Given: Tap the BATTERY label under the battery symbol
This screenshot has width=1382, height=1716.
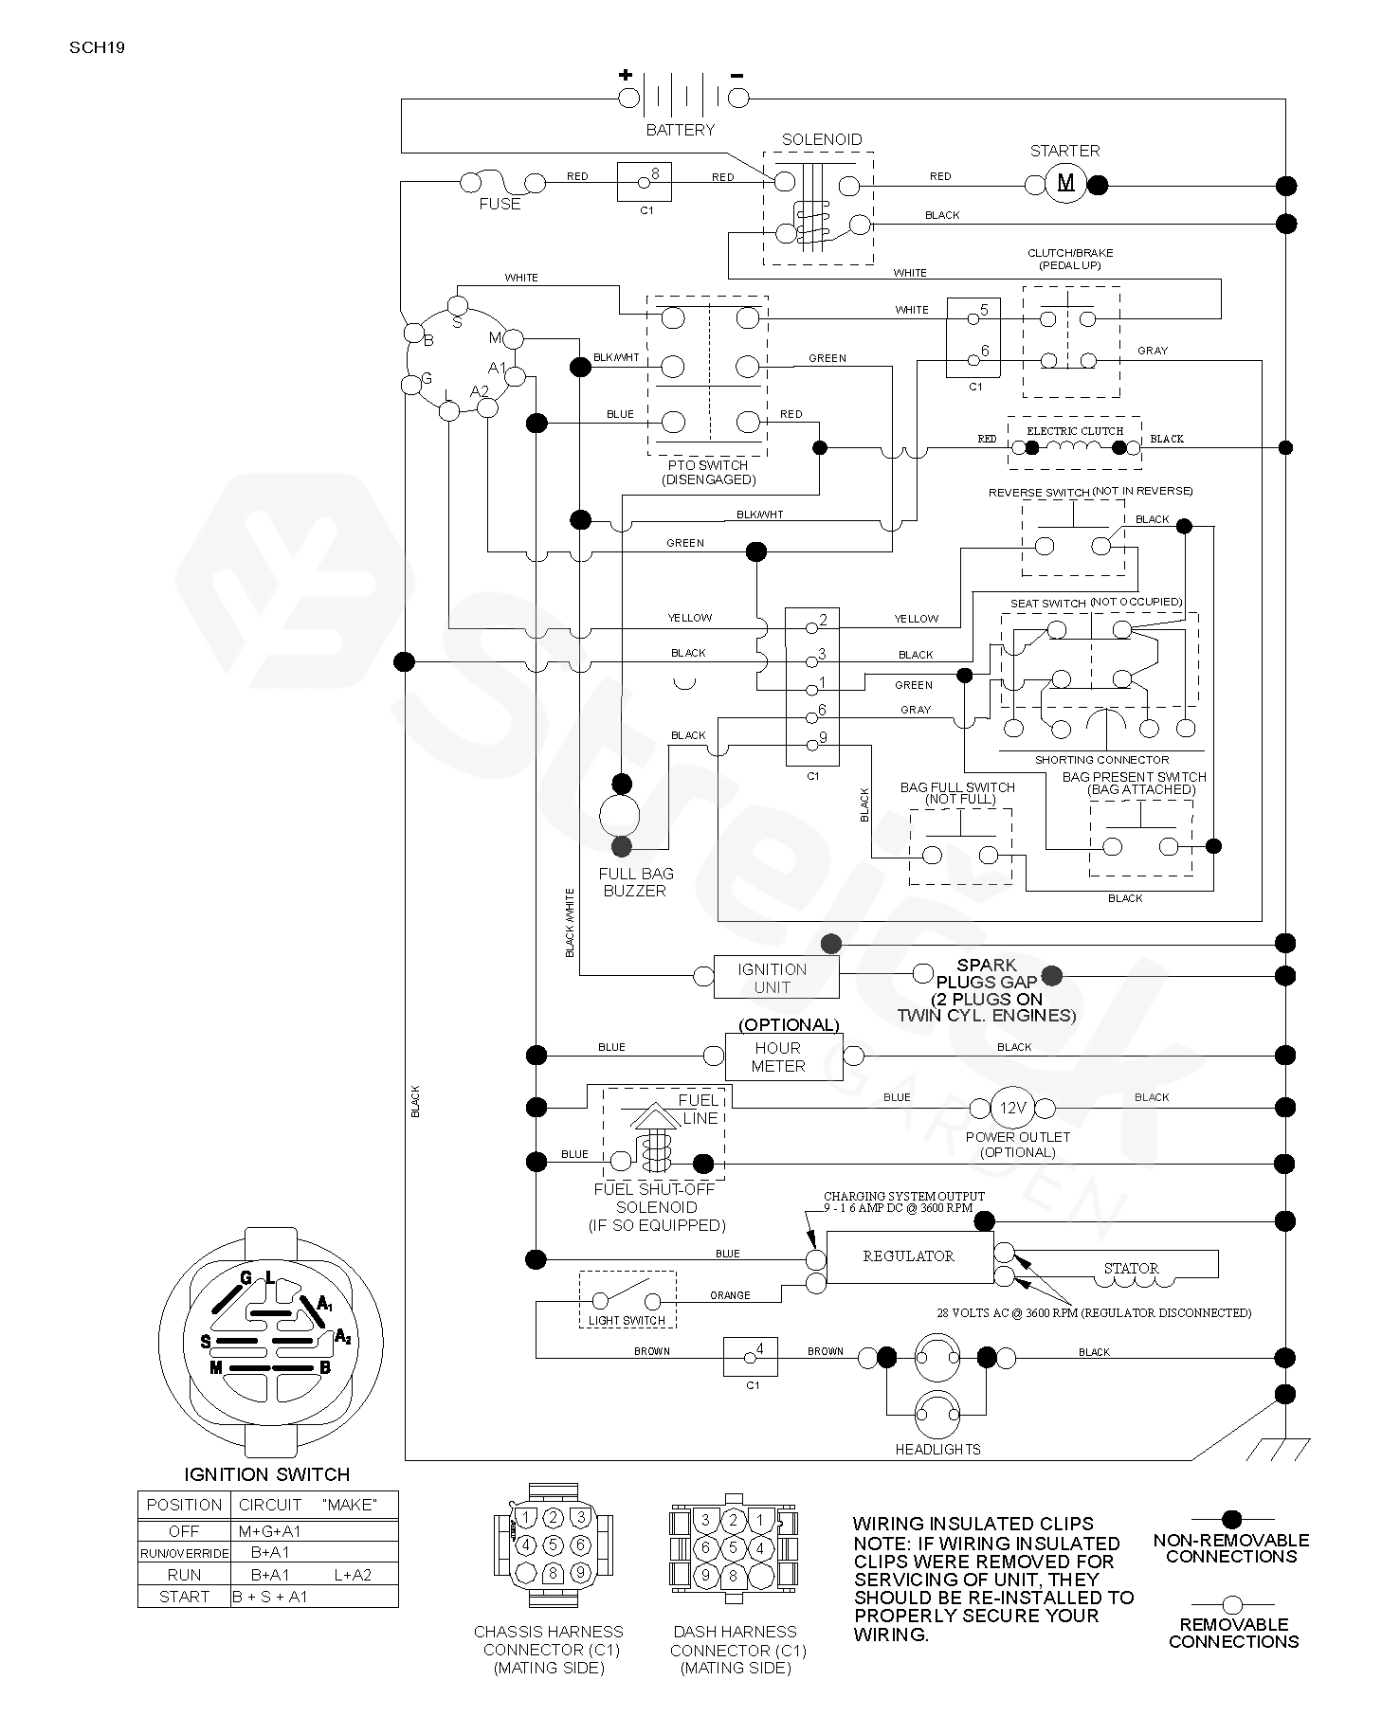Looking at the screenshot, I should [680, 130].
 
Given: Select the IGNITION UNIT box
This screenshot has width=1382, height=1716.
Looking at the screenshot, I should [775, 978].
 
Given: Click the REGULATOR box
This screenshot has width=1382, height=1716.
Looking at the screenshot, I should [909, 1257].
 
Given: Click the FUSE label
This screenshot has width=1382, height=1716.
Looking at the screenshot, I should [500, 204].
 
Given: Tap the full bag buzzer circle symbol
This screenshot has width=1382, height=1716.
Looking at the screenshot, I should [620, 815].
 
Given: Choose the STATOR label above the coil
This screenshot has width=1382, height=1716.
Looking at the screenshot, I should [1131, 1268].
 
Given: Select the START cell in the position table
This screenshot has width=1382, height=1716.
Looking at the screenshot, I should [184, 1597].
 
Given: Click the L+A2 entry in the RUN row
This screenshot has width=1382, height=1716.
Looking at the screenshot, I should [353, 1575].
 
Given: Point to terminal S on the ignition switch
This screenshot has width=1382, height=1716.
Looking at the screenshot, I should [458, 304].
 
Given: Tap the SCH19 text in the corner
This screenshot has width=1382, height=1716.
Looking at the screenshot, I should [97, 46].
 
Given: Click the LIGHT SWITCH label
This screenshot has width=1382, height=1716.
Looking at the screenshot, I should [627, 1321].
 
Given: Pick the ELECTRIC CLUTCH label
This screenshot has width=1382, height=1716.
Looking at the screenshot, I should [1075, 431].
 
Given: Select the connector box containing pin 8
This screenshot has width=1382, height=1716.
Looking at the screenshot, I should [645, 181].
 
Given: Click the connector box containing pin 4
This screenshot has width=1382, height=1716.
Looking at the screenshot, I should [750, 1356].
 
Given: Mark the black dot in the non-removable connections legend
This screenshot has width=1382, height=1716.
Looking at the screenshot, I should [1231, 1519].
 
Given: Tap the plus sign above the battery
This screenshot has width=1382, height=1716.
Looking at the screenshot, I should [626, 75].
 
